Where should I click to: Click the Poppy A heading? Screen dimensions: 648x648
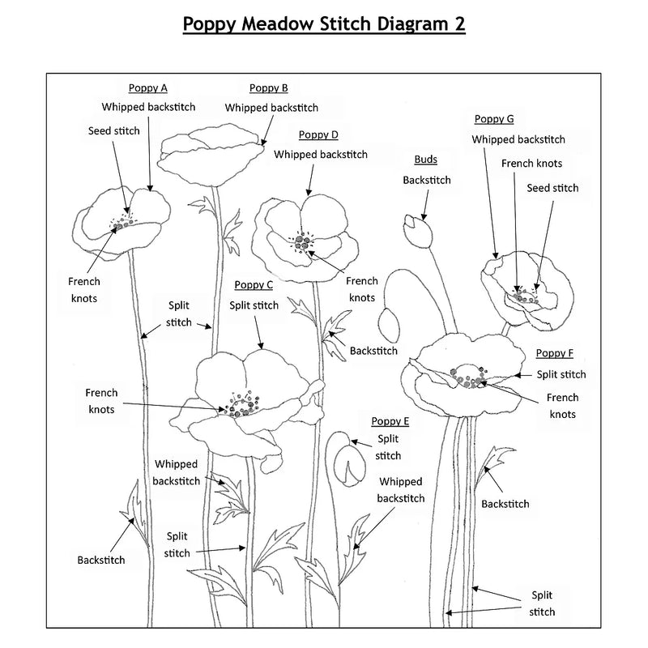pyautogui.click(x=148, y=88)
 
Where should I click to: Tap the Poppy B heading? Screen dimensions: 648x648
pyautogui.click(x=269, y=88)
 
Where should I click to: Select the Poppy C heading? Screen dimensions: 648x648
pyautogui.click(x=254, y=285)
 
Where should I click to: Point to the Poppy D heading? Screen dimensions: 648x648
pyautogui.click(x=318, y=134)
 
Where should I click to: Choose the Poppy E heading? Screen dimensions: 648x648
pyautogui.click(x=390, y=421)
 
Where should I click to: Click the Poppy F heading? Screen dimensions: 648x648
pyautogui.click(x=555, y=353)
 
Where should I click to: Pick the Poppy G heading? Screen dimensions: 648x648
pyautogui.click(x=494, y=119)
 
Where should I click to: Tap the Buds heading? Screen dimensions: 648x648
pyautogui.click(x=426, y=160)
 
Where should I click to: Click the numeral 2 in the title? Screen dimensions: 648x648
pyautogui.click(x=460, y=24)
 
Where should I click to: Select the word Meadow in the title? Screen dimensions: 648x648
pyautogui.click(x=278, y=24)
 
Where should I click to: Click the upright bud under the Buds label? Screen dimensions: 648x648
pyautogui.click(x=418, y=231)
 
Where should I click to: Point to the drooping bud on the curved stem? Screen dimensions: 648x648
pyautogui.click(x=389, y=325)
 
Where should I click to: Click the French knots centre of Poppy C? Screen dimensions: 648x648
pyautogui.click(x=242, y=404)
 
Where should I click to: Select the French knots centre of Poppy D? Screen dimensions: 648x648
pyautogui.click(x=302, y=242)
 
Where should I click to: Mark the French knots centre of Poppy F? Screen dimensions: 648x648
pyautogui.click(x=468, y=377)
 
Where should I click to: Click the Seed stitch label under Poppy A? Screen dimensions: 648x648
pyautogui.click(x=114, y=131)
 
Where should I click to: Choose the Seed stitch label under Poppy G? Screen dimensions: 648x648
pyautogui.click(x=552, y=188)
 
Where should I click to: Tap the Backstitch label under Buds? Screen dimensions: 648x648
pyautogui.click(x=427, y=180)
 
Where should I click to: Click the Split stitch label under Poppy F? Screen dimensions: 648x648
pyautogui.click(x=561, y=374)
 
